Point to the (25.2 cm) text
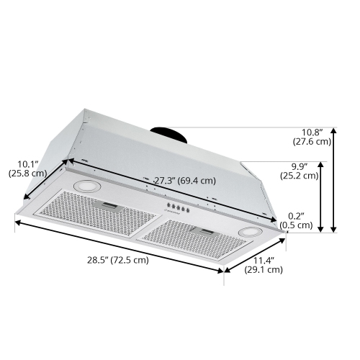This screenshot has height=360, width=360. click(x=300, y=176)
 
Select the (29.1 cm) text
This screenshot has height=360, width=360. click(x=263, y=270)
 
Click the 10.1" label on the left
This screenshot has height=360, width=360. click(x=28, y=163)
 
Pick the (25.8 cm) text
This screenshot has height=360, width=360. click(x=28, y=174)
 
